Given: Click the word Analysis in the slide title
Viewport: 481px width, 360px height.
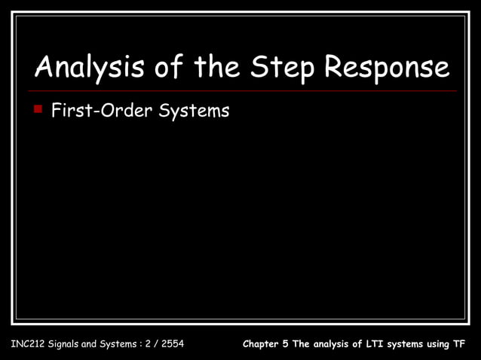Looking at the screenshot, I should (x=83, y=69).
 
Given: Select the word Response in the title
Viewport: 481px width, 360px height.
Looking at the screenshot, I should (x=387, y=69).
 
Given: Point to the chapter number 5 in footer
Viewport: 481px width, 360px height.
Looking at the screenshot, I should (x=286, y=345).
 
